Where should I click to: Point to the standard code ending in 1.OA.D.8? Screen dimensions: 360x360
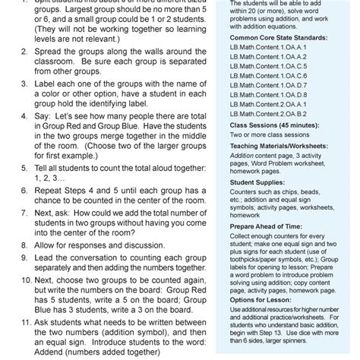tap(257, 95)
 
